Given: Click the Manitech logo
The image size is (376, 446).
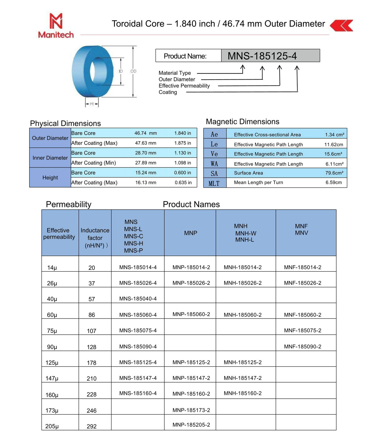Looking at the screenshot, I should pos(56,26).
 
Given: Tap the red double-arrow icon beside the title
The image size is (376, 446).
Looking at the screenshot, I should pos(341,26).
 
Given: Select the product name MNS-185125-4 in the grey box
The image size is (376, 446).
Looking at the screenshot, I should pos(262,56).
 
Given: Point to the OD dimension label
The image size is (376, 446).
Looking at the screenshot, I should pos(133,71).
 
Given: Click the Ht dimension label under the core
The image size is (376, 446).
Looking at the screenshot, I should pos(92,104).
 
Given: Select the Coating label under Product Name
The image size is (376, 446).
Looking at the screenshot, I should pos(168,92).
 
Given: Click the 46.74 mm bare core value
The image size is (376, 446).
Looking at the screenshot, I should pos(146,133).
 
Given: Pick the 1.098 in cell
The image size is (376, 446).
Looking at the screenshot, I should pos(183,163).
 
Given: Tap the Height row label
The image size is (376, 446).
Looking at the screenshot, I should pos(50,178).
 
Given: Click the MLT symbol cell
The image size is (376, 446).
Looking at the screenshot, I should pos(214,183).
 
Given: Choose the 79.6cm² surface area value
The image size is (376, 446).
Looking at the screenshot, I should pos(334,173).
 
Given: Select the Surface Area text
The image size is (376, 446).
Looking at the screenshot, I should pos(248,173).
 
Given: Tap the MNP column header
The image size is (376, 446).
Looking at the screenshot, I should pos(191,233).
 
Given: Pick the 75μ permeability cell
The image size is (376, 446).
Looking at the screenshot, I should pos(52,331).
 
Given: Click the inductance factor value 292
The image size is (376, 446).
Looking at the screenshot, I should pos(92,426).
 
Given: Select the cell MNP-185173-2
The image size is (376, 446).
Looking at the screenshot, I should pos(191,410).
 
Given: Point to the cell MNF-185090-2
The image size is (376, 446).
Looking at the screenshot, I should pos(303,346).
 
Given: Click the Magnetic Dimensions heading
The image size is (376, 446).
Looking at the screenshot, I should pos(243,122).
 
